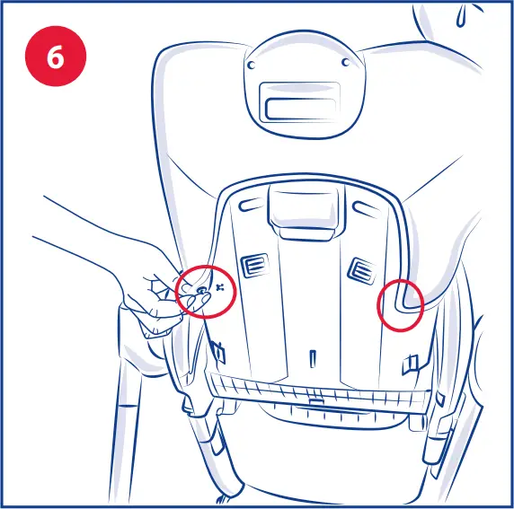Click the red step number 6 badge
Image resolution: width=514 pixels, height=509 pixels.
point(55,56)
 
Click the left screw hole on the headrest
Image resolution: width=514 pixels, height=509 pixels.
point(251,66)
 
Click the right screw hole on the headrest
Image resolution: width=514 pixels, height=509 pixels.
point(347,62)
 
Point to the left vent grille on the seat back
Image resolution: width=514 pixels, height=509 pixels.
point(252,264)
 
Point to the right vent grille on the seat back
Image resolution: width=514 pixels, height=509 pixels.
point(360,268)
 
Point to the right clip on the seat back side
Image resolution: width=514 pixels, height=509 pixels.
point(412,362)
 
